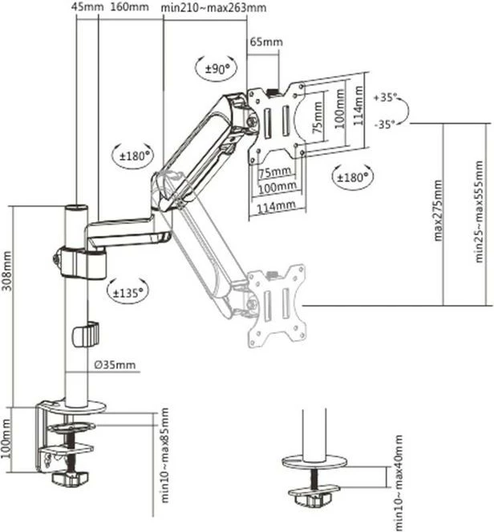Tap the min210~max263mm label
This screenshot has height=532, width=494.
pyautogui.click(x=214, y=7)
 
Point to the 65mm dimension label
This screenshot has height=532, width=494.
pyautogui.click(x=266, y=41)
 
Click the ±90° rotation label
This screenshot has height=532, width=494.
pyautogui.click(x=216, y=69)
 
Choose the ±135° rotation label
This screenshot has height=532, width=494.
pyautogui.click(x=128, y=293)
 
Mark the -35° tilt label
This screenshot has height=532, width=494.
pyautogui.click(x=386, y=124)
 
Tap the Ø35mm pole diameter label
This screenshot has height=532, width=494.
pyautogui.click(x=115, y=365)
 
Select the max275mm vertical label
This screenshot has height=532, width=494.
pyautogui.click(x=438, y=210)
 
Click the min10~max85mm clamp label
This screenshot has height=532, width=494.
pyautogui.click(x=164, y=455)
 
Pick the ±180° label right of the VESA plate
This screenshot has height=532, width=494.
pyautogui.click(x=351, y=175)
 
